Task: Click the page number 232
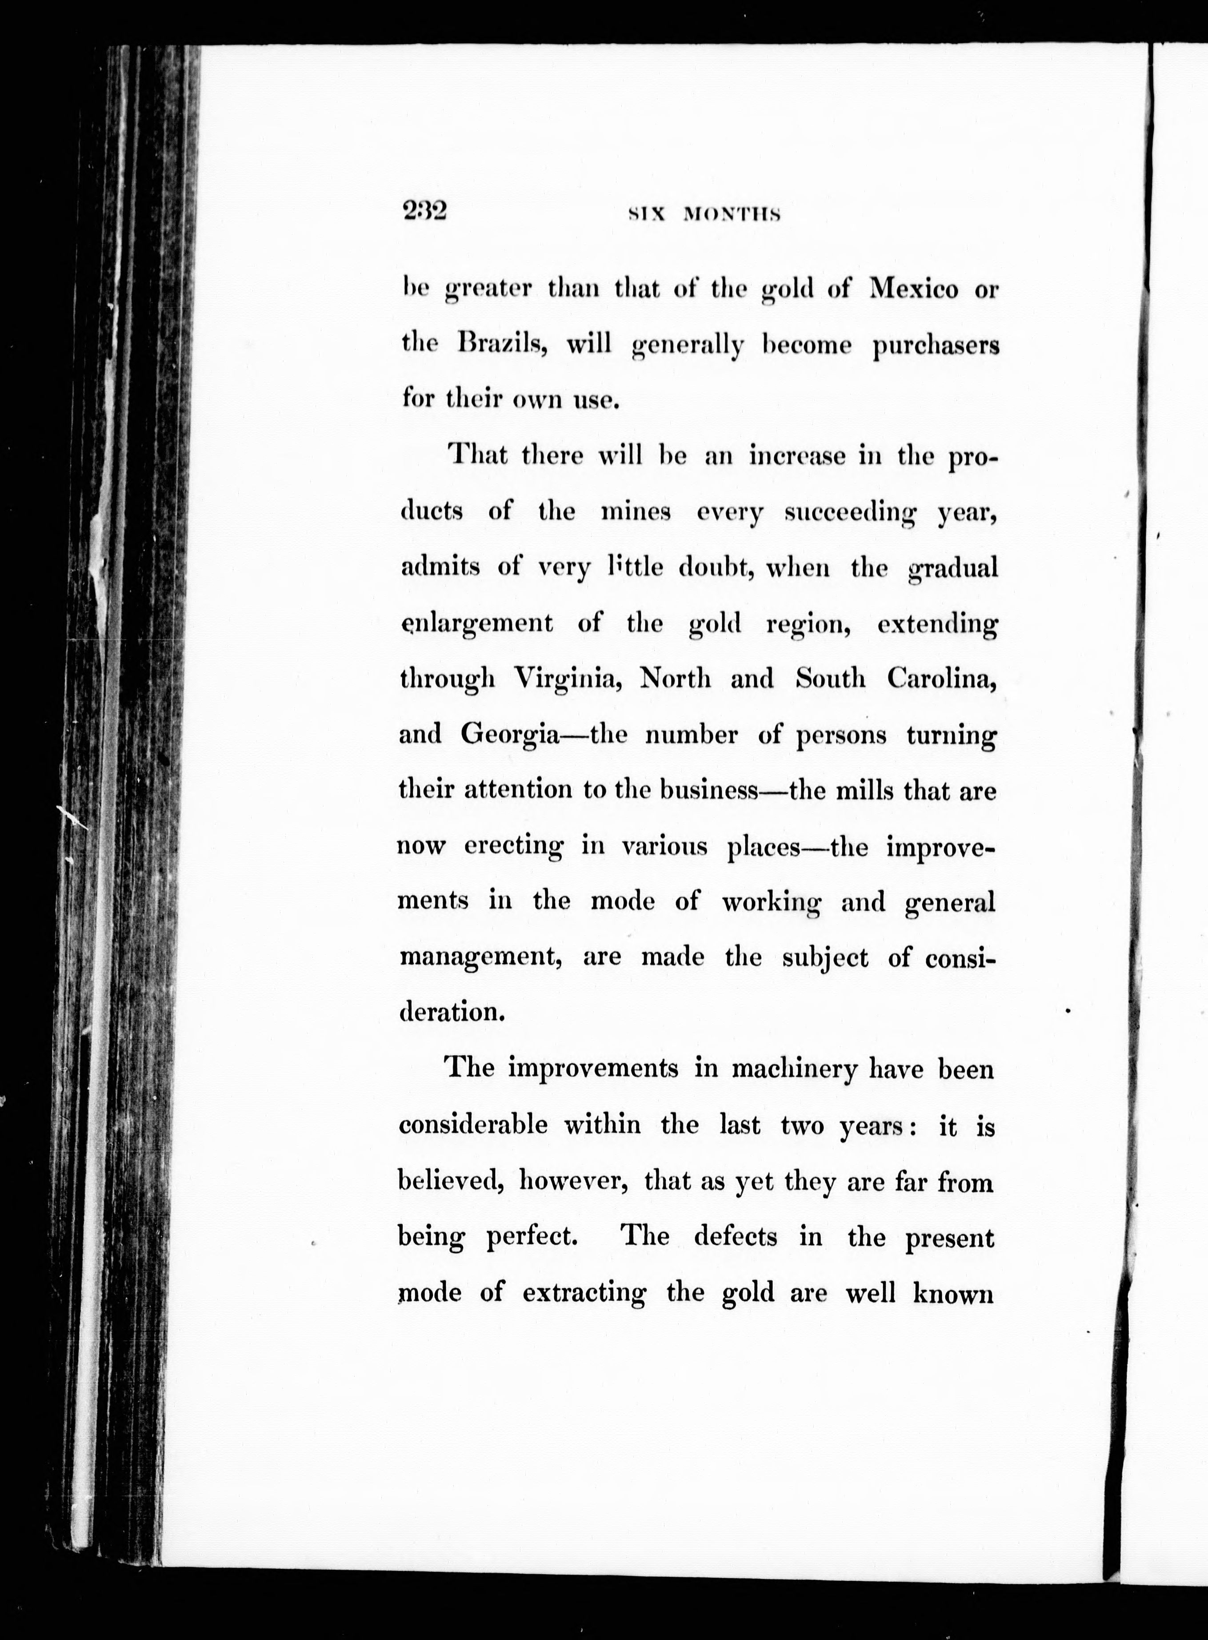424,211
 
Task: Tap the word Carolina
942,679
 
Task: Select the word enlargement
477,624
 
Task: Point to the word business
708,791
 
